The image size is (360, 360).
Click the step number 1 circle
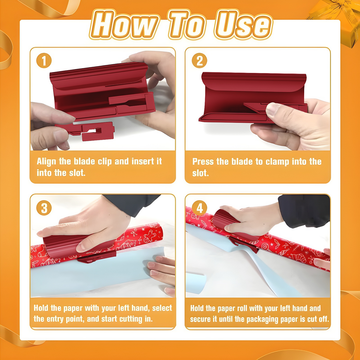44,61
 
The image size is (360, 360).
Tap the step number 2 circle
199,61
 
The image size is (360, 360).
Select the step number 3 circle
44,208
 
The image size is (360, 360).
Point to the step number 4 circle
199,208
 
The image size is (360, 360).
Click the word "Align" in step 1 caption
46,162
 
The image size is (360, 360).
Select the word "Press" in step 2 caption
203,162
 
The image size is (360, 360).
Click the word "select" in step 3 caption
162,308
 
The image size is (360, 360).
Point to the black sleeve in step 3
132,204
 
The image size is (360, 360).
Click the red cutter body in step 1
99,90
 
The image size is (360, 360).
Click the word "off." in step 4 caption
323,319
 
